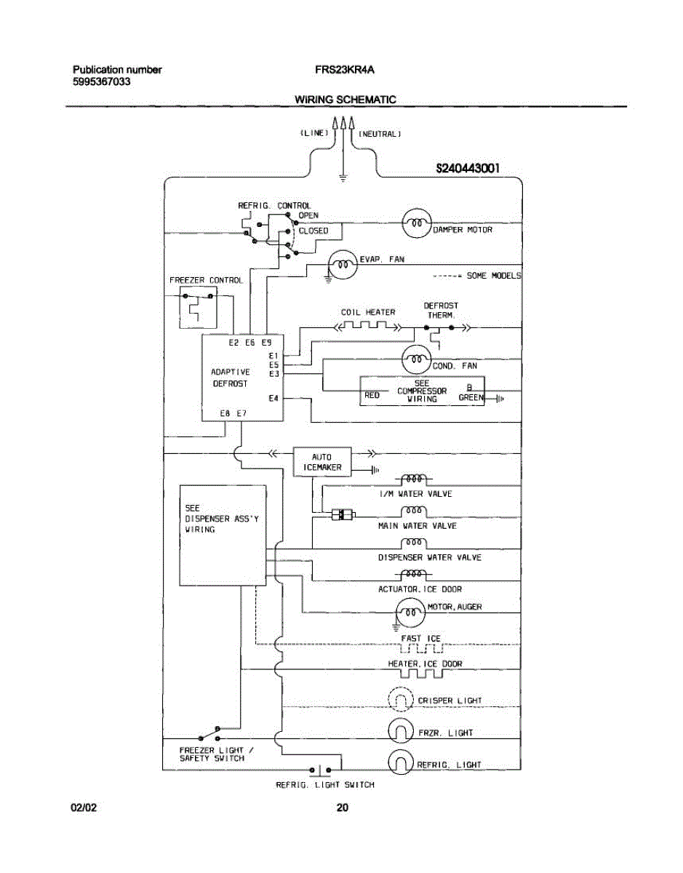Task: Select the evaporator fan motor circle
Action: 342,265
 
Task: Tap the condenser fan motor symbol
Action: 417,359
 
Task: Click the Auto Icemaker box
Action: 321,462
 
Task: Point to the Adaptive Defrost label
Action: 230,377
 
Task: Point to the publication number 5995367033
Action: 102,82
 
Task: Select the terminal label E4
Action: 273,398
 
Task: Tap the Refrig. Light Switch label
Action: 324,785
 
